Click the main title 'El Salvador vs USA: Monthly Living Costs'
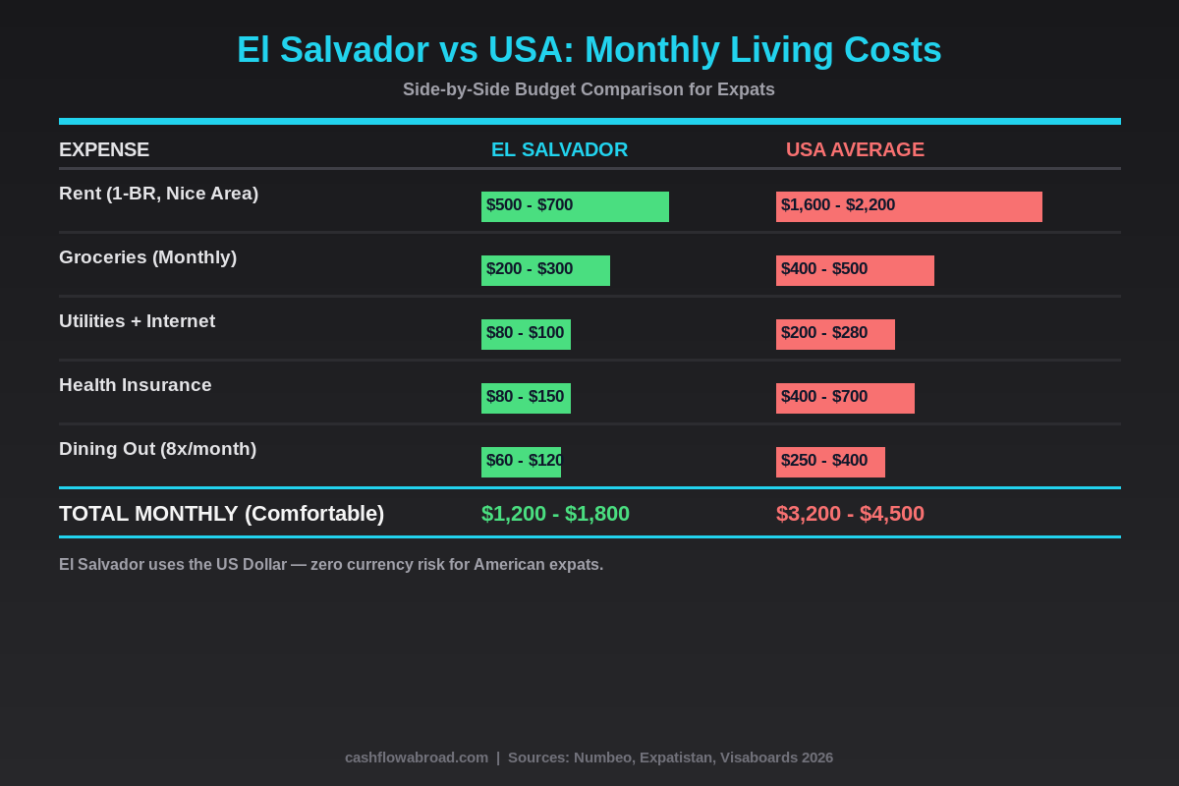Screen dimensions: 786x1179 click(589, 50)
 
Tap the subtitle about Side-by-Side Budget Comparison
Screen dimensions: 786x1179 click(589, 89)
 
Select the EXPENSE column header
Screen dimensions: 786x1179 click(104, 149)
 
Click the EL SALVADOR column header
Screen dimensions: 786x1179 click(559, 149)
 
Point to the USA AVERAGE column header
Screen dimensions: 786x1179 click(855, 149)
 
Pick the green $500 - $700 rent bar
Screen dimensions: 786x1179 click(575, 206)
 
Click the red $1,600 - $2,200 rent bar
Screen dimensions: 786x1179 click(909, 206)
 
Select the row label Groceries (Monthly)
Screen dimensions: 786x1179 click(147, 257)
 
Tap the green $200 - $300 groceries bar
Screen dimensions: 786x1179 click(545, 270)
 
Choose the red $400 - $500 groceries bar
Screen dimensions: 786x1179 click(855, 270)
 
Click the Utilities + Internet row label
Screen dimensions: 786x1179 click(137, 321)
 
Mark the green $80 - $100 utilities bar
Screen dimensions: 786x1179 click(526, 334)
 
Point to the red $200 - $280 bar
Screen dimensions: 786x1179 click(835, 334)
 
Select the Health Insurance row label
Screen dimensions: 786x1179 click(135, 385)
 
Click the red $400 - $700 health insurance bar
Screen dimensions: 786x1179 click(845, 398)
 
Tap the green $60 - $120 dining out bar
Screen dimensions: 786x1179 click(521, 462)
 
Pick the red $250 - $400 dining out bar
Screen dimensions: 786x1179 click(830, 462)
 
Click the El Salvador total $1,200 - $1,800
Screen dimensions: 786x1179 click(555, 514)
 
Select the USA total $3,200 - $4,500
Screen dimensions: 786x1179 click(850, 514)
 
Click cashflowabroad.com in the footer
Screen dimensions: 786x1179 click(417, 758)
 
